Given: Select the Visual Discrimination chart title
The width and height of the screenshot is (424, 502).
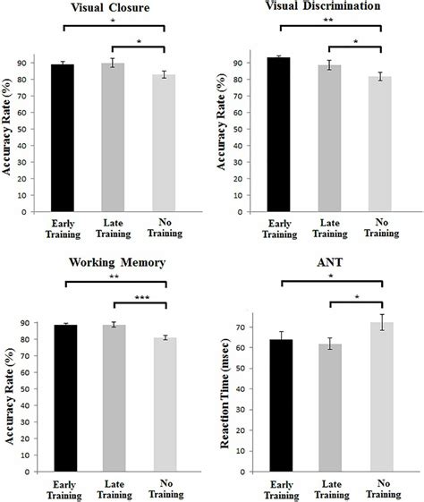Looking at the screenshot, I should pyautogui.click(x=328, y=8).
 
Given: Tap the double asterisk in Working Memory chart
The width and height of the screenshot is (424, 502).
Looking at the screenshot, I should pyautogui.click(x=114, y=277).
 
